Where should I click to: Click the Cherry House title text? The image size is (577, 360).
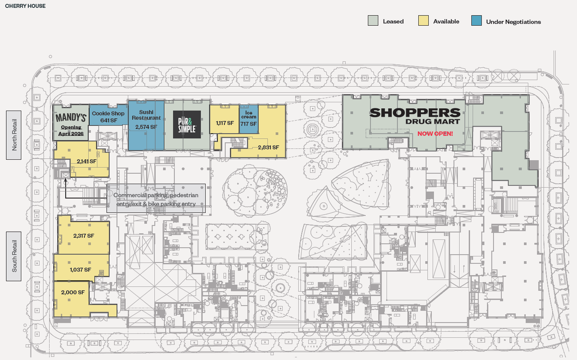click(25, 6)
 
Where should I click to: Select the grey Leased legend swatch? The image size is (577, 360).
click(373, 21)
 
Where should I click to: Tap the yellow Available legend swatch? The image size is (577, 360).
click(423, 21)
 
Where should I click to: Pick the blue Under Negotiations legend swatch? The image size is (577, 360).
click(476, 21)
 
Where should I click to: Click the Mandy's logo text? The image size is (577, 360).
click(71, 118)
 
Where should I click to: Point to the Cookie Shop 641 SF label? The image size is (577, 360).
click(108, 117)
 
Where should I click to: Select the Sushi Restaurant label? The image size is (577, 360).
click(147, 115)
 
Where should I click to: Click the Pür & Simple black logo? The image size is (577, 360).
click(187, 125)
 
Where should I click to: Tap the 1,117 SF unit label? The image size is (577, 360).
click(225, 123)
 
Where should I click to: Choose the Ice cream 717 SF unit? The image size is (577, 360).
click(249, 119)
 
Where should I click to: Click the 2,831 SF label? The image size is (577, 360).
click(268, 148)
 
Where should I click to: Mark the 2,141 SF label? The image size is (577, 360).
click(87, 162)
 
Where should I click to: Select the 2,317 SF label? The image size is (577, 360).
click(84, 235)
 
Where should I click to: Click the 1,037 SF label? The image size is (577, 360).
click(80, 270)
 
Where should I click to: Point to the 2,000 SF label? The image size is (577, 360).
click(73, 292)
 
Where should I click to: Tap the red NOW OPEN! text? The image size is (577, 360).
click(435, 134)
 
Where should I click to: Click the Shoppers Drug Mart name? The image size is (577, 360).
click(415, 116)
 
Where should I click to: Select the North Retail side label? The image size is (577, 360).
click(14, 135)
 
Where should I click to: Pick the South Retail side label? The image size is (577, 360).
click(14, 256)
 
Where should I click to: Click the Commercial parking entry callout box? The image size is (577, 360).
click(156, 198)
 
